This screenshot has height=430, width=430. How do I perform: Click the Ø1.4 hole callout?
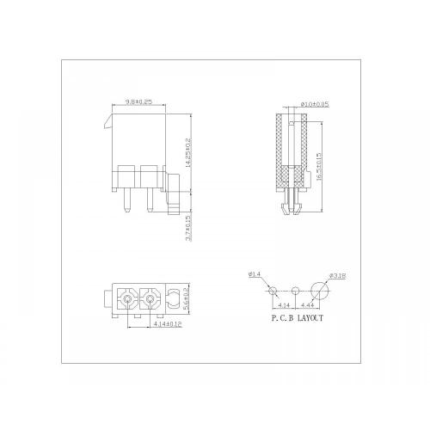(x=254, y=275)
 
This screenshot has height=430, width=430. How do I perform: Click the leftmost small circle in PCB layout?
(x=273, y=291)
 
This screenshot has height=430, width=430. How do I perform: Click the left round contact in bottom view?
(x=127, y=300)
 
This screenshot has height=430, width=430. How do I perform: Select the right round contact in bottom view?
(x=150, y=300)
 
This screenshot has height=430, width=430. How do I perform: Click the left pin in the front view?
(x=126, y=200)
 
